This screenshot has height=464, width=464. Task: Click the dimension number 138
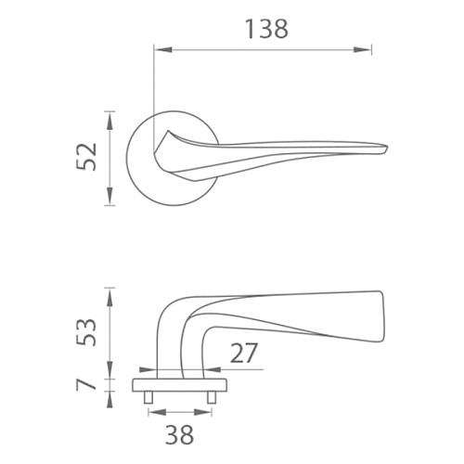click(x=266, y=29)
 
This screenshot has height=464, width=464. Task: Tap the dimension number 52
click(x=87, y=157)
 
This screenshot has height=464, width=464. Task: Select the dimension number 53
click(x=87, y=332)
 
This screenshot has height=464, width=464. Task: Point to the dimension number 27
click(x=244, y=353)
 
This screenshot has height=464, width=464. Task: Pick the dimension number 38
click(x=179, y=434)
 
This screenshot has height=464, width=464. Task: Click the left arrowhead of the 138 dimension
click(x=163, y=49)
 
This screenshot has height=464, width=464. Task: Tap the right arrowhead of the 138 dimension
click(x=362, y=49)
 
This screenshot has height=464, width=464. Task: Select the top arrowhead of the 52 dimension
click(x=110, y=121)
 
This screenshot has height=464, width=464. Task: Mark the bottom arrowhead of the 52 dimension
click(x=110, y=196)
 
